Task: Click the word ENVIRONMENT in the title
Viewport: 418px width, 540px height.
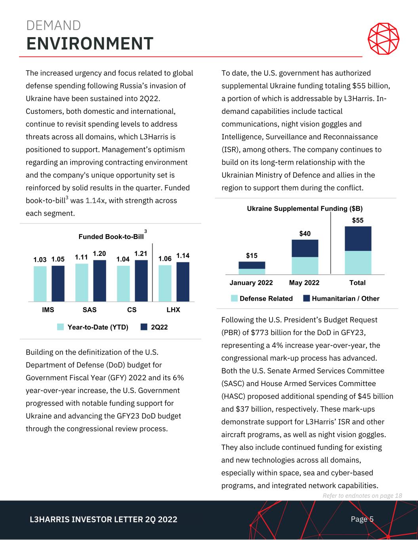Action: pyautogui.click(x=90, y=44)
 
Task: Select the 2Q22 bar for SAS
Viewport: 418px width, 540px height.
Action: pyautogui.click(x=99, y=280)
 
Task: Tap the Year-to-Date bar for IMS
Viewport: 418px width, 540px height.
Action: pyautogui.click(x=40, y=283)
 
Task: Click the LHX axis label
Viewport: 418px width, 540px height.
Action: pyautogui.click(x=173, y=310)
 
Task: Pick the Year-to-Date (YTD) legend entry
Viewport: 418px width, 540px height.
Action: pyautogui.click(x=93, y=327)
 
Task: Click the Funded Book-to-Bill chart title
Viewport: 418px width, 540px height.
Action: pyautogui.click(x=111, y=237)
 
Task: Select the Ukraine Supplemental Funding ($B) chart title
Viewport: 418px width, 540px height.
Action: pyautogui.click(x=305, y=208)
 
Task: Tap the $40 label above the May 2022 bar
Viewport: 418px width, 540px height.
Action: pyautogui.click(x=305, y=234)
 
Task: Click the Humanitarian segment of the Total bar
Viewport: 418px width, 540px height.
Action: pyautogui.click(x=358, y=239)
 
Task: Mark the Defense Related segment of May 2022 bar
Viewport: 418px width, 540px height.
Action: pyautogui.click(x=305, y=265)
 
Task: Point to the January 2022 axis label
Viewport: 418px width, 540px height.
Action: pyautogui.click(x=251, y=283)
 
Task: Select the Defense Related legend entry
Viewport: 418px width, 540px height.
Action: pyautogui.click(x=262, y=299)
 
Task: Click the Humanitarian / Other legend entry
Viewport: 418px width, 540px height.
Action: pyautogui.click(x=341, y=299)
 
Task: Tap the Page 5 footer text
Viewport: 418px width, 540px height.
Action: pyautogui.click(x=362, y=519)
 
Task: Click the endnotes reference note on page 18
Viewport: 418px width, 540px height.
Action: pyautogui.click(x=362, y=496)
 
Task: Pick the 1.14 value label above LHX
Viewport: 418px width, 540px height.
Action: pyautogui.click(x=183, y=256)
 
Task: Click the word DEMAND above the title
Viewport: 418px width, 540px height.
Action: pyautogui.click(x=53, y=26)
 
